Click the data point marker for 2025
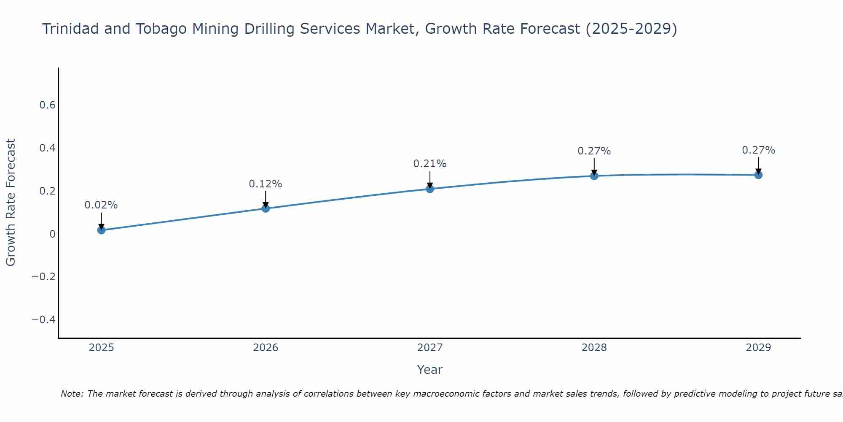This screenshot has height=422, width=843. click(x=101, y=230)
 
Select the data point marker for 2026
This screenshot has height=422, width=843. click(x=266, y=208)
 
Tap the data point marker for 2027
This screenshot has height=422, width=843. click(x=430, y=189)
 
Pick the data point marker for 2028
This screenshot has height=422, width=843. click(x=594, y=176)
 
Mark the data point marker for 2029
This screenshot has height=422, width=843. click(x=758, y=175)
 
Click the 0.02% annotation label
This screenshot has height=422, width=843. click(x=101, y=205)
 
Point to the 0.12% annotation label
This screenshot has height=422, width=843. click(x=266, y=184)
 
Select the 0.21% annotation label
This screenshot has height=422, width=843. click(x=430, y=164)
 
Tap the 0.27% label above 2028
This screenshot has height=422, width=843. click(x=594, y=151)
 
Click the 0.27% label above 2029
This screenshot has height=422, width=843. click(x=758, y=150)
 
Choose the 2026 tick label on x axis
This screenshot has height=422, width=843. click(x=266, y=348)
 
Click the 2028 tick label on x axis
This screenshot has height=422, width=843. click(x=594, y=348)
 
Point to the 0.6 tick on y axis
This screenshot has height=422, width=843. click(x=48, y=105)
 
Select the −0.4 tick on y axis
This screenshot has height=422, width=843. click(x=44, y=319)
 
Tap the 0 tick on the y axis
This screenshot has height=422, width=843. click(x=52, y=234)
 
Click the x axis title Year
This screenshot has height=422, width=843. click(x=430, y=370)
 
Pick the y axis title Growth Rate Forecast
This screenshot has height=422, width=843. click(x=11, y=203)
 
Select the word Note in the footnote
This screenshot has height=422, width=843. click(x=72, y=394)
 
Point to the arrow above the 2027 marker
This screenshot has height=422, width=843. click(x=430, y=179)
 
